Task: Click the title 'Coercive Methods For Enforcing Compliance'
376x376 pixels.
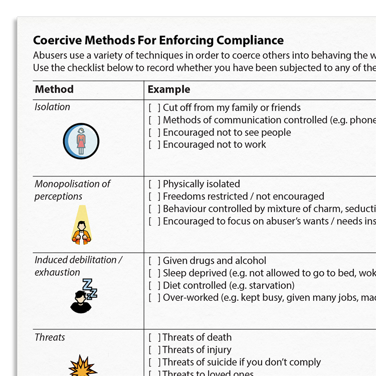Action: coord(158,41)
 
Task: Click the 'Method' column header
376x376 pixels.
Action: coord(54,90)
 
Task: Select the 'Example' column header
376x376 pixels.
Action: coord(169,90)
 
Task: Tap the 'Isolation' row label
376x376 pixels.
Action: coord(52,107)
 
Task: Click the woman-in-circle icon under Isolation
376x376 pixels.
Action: coord(81,141)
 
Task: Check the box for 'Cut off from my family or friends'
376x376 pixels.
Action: coord(154,108)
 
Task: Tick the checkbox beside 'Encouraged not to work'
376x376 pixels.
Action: coord(154,145)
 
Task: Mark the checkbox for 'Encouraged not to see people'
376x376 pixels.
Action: coord(154,132)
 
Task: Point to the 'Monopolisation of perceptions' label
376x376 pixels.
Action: coord(72,190)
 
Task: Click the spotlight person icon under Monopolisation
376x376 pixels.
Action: coord(81,226)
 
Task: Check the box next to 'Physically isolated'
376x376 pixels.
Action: coord(154,184)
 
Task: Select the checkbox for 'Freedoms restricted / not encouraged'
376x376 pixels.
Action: coord(154,197)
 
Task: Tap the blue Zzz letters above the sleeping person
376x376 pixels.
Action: coord(90,288)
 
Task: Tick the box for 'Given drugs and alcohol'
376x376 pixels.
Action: coord(154,261)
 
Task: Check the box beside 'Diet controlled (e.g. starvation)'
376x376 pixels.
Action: coord(154,286)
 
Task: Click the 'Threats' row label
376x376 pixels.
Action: coord(50,337)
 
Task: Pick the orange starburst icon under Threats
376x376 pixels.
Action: coord(83,366)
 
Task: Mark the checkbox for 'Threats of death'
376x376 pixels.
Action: coord(154,337)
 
